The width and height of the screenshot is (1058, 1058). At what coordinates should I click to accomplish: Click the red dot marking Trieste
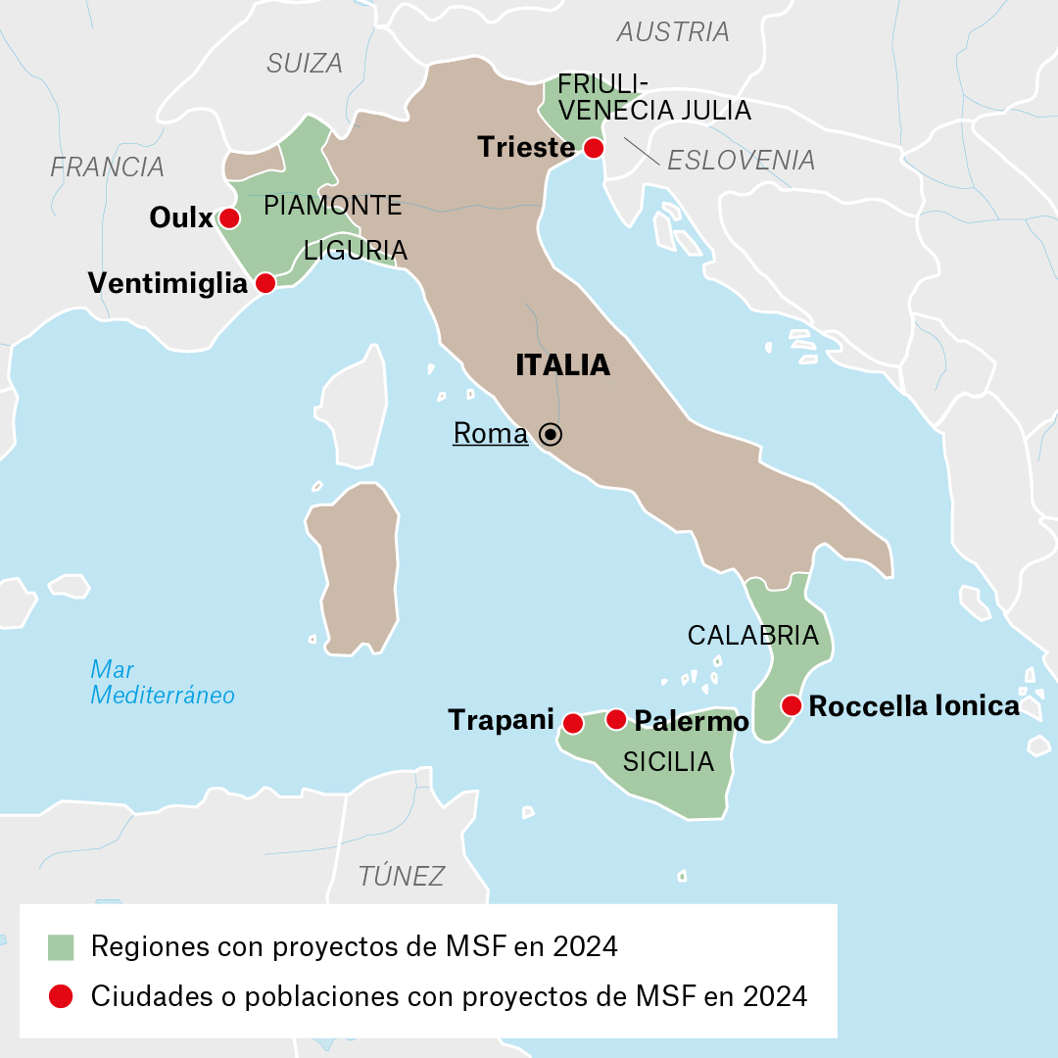point(593,148)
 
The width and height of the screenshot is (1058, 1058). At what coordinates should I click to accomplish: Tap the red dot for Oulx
point(229,217)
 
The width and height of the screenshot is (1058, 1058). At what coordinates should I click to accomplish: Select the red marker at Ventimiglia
point(264,283)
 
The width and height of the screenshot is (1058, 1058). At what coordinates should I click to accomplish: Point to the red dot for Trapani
point(573,723)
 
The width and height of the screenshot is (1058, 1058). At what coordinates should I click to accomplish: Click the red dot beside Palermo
point(616,720)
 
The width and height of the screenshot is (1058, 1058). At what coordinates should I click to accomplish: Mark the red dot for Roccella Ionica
point(792,705)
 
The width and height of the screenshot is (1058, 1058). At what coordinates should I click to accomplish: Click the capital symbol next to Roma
point(552,434)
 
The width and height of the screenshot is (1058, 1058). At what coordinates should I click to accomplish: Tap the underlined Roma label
point(490,434)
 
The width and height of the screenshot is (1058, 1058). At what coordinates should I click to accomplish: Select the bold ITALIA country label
point(562,365)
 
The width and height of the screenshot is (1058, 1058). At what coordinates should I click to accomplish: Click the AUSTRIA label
point(673,32)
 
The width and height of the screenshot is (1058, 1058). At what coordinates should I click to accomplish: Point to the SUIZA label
point(305,64)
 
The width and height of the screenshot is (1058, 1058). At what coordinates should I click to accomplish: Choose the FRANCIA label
point(107,167)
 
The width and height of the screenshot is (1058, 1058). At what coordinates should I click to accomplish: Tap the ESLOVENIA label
point(741,160)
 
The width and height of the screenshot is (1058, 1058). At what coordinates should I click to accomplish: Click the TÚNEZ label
point(402,876)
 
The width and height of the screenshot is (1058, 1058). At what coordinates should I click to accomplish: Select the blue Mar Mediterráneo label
point(162,683)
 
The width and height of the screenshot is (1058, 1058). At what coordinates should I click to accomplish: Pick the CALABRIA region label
point(752,636)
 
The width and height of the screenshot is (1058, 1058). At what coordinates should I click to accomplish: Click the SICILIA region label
point(668,761)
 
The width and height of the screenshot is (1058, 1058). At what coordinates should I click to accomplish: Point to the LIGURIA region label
point(356,251)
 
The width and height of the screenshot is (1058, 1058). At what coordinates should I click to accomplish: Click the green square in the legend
point(61,947)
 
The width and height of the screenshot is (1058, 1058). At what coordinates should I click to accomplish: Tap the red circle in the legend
point(61,996)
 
